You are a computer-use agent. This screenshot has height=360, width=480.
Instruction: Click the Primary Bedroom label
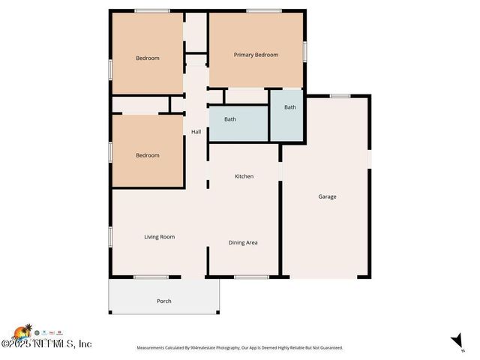click(x=256, y=55)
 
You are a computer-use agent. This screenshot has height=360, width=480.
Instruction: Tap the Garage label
click(x=327, y=196)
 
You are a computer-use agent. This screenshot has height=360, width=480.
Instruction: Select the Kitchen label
click(x=244, y=176)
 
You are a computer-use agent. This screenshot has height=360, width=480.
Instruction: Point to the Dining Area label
click(x=243, y=242)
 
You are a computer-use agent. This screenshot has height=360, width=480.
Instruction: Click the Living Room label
click(x=159, y=237)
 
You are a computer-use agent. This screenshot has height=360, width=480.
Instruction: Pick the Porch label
click(x=164, y=301)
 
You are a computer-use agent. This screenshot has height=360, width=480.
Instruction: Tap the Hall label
click(x=196, y=132)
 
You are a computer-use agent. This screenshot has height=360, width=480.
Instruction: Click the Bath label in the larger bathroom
click(x=230, y=119)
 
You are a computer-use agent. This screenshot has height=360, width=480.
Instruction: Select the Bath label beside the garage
click(x=289, y=107)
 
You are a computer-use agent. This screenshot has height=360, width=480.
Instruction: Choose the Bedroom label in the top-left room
click(x=147, y=58)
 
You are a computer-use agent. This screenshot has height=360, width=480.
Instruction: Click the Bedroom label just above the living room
click(x=147, y=155)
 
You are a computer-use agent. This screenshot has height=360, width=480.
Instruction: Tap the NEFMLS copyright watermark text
click(x=46, y=344)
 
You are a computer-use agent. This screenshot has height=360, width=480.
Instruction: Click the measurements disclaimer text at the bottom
click(x=239, y=348)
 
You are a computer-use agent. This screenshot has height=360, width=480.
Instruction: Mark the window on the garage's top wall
click(x=340, y=95)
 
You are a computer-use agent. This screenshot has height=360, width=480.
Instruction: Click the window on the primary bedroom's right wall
click(x=304, y=50)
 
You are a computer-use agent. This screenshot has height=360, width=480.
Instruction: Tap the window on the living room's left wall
click(x=110, y=236)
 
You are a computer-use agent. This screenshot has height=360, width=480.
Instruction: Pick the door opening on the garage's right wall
click(x=369, y=160)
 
